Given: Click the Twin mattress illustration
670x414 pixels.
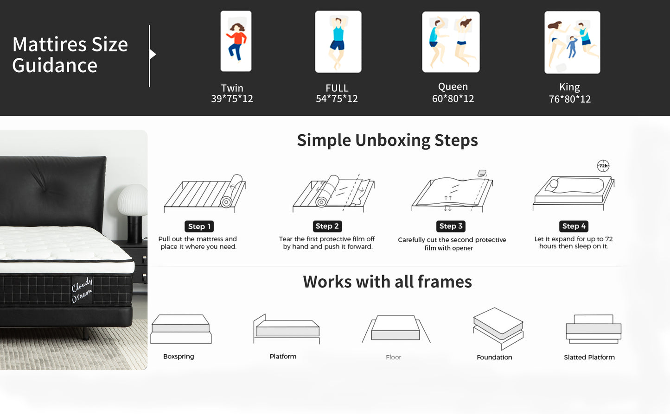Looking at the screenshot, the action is (x=236, y=41).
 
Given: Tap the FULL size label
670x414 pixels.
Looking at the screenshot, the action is (x=337, y=88).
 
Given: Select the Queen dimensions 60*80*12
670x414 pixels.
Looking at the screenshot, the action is (x=453, y=99).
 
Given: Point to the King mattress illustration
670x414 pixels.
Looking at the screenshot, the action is (x=572, y=43).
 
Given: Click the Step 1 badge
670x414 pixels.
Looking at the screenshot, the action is (x=199, y=226).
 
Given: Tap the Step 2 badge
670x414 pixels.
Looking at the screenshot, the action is (x=327, y=226).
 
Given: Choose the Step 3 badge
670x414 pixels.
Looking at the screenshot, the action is (x=451, y=226).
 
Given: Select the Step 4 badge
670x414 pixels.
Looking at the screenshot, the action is (x=574, y=226).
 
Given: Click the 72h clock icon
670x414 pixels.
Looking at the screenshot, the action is (x=603, y=166).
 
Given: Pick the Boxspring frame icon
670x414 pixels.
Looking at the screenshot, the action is (x=181, y=329).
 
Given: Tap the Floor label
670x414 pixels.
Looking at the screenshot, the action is (x=393, y=357).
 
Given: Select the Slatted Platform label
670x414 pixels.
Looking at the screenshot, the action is (x=589, y=357).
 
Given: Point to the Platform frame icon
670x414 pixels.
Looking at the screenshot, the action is (x=287, y=329).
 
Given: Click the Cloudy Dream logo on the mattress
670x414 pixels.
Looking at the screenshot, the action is (x=82, y=290).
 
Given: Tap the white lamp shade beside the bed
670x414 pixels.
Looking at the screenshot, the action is (x=132, y=200).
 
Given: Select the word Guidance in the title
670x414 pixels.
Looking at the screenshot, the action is (x=55, y=66).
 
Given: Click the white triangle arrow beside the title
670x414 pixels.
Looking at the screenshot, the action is (x=153, y=54).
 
